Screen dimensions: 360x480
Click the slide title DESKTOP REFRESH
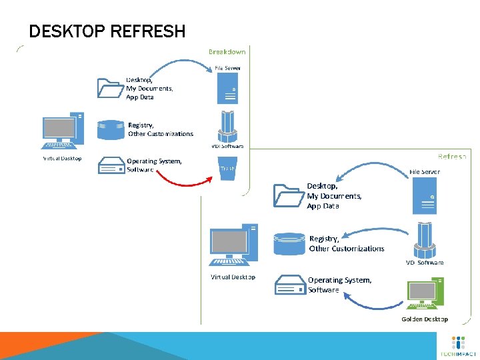(107, 31)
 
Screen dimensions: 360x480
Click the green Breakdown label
(227, 51)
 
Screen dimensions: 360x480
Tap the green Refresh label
(451, 156)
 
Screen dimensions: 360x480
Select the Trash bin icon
(227, 168)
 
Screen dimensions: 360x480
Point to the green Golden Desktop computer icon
(424, 296)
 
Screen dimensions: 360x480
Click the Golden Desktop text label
(425, 319)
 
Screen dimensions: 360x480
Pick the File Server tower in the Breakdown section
(227, 87)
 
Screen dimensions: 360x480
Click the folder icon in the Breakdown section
(111, 87)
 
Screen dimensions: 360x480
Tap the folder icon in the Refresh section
(288, 196)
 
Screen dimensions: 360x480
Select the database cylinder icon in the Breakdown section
(111, 129)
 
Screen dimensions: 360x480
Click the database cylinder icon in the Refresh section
(289, 243)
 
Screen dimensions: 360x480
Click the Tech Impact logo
(458, 346)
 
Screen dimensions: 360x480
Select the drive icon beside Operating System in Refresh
(289, 285)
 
